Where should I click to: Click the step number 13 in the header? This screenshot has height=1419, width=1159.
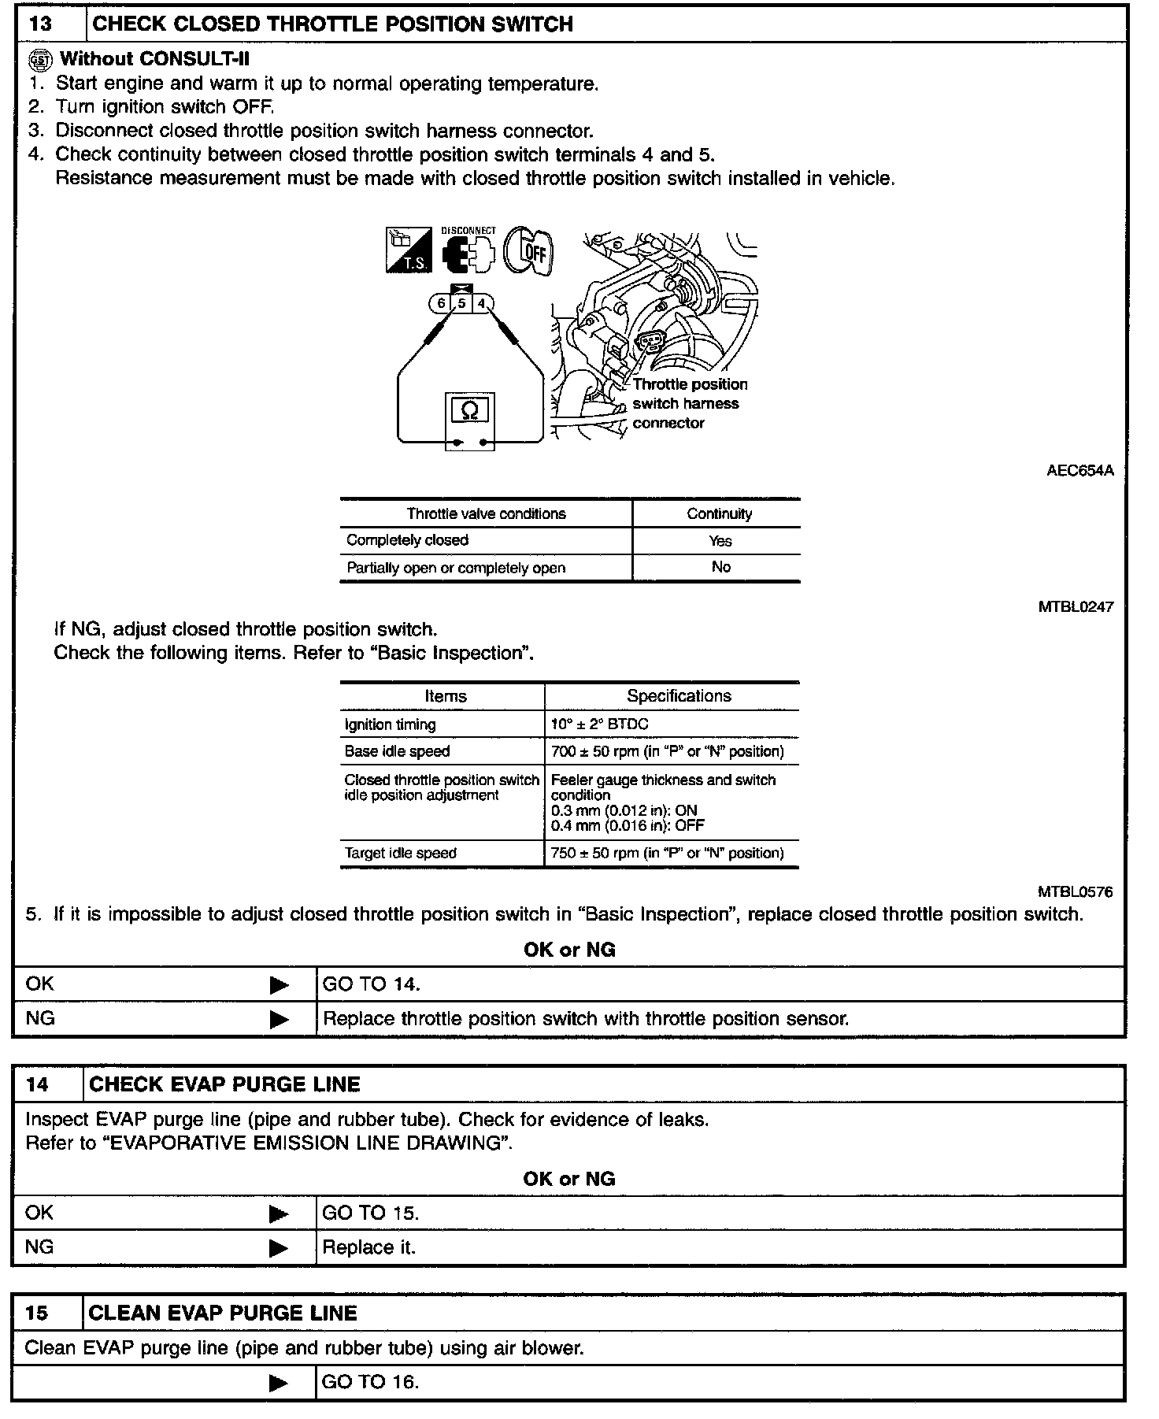[x=40, y=24]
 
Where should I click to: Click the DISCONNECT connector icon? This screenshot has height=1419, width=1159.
[x=468, y=251]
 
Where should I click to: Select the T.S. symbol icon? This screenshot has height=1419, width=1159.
[x=409, y=251]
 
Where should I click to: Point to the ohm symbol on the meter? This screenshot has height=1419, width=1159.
[x=470, y=410]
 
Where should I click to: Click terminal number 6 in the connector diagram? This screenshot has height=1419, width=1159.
[x=441, y=303]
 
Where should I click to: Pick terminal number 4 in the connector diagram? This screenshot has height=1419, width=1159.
[x=481, y=303]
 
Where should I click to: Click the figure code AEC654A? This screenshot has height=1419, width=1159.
[x=1079, y=471]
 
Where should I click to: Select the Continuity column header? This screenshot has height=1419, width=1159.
[x=719, y=514]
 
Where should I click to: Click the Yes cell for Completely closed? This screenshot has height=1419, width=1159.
[x=720, y=541]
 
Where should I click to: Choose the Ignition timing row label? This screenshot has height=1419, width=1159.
[x=390, y=724]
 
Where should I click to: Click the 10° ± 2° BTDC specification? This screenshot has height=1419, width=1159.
[x=599, y=724]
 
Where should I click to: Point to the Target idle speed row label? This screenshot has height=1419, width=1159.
[x=400, y=853]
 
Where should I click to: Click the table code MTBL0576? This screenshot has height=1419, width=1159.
[x=1075, y=891]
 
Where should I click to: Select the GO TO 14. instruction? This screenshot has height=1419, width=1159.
[x=371, y=984]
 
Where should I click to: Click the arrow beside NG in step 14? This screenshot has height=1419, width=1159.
[x=279, y=1248]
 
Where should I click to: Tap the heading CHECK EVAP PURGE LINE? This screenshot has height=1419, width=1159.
[x=224, y=1084]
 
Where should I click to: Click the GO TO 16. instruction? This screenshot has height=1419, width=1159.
[x=370, y=1382]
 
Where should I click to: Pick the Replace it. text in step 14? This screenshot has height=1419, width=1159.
[x=368, y=1248]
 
